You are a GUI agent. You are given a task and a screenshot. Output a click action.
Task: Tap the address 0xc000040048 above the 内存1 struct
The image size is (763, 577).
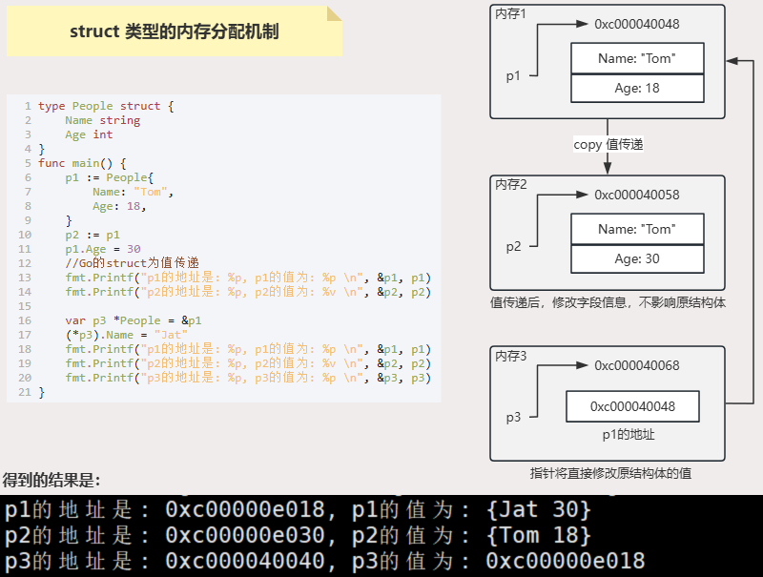click(x=637, y=24)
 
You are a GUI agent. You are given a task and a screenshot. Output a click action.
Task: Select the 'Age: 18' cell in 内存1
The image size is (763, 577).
click(x=637, y=88)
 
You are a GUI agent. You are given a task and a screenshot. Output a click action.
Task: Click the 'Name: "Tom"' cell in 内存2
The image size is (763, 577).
click(x=636, y=229)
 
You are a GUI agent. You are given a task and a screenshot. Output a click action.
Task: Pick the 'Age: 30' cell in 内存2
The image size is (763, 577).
click(x=636, y=258)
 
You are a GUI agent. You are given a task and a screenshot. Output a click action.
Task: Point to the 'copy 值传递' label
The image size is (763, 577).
click(x=608, y=145)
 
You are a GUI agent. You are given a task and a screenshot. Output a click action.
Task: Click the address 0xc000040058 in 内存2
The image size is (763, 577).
click(x=637, y=195)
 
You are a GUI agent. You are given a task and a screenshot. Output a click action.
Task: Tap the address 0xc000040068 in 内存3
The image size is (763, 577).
click(x=637, y=364)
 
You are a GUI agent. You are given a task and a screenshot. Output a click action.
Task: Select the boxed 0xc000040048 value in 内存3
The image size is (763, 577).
click(x=632, y=406)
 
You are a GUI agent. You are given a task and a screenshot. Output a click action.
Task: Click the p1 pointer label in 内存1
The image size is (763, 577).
click(x=513, y=76)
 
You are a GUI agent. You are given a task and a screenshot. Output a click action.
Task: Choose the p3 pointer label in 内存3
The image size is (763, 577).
click(x=513, y=418)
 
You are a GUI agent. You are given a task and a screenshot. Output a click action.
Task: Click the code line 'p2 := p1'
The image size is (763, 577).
click(x=93, y=235)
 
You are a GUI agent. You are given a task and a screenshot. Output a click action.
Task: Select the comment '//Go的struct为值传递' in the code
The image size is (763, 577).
click(x=133, y=263)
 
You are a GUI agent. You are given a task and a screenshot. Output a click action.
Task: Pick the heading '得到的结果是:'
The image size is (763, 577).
click(x=52, y=480)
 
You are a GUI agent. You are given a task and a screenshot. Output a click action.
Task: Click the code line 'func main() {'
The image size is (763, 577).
click(x=82, y=163)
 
